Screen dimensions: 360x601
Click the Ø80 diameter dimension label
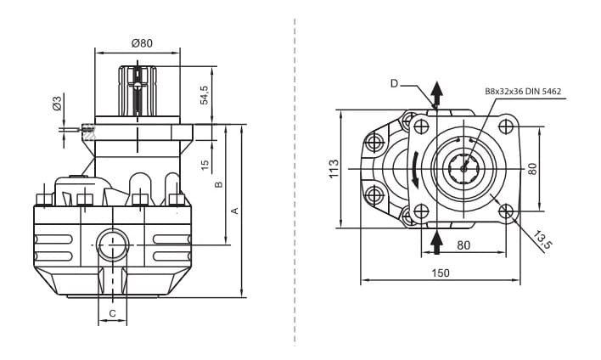(142, 43)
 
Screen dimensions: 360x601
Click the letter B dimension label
(218, 183)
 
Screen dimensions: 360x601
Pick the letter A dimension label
(235, 210)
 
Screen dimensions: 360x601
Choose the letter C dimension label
(112, 314)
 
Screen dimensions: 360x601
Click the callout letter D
(395, 83)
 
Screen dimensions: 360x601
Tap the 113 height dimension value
(334, 168)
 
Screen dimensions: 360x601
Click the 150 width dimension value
(441, 273)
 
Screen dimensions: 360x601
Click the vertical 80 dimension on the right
(532, 168)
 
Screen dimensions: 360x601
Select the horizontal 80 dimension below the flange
(463, 246)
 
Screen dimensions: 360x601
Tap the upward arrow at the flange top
(437, 93)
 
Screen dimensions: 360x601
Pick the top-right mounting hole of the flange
(507, 127)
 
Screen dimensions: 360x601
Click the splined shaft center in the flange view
(464, 168)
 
